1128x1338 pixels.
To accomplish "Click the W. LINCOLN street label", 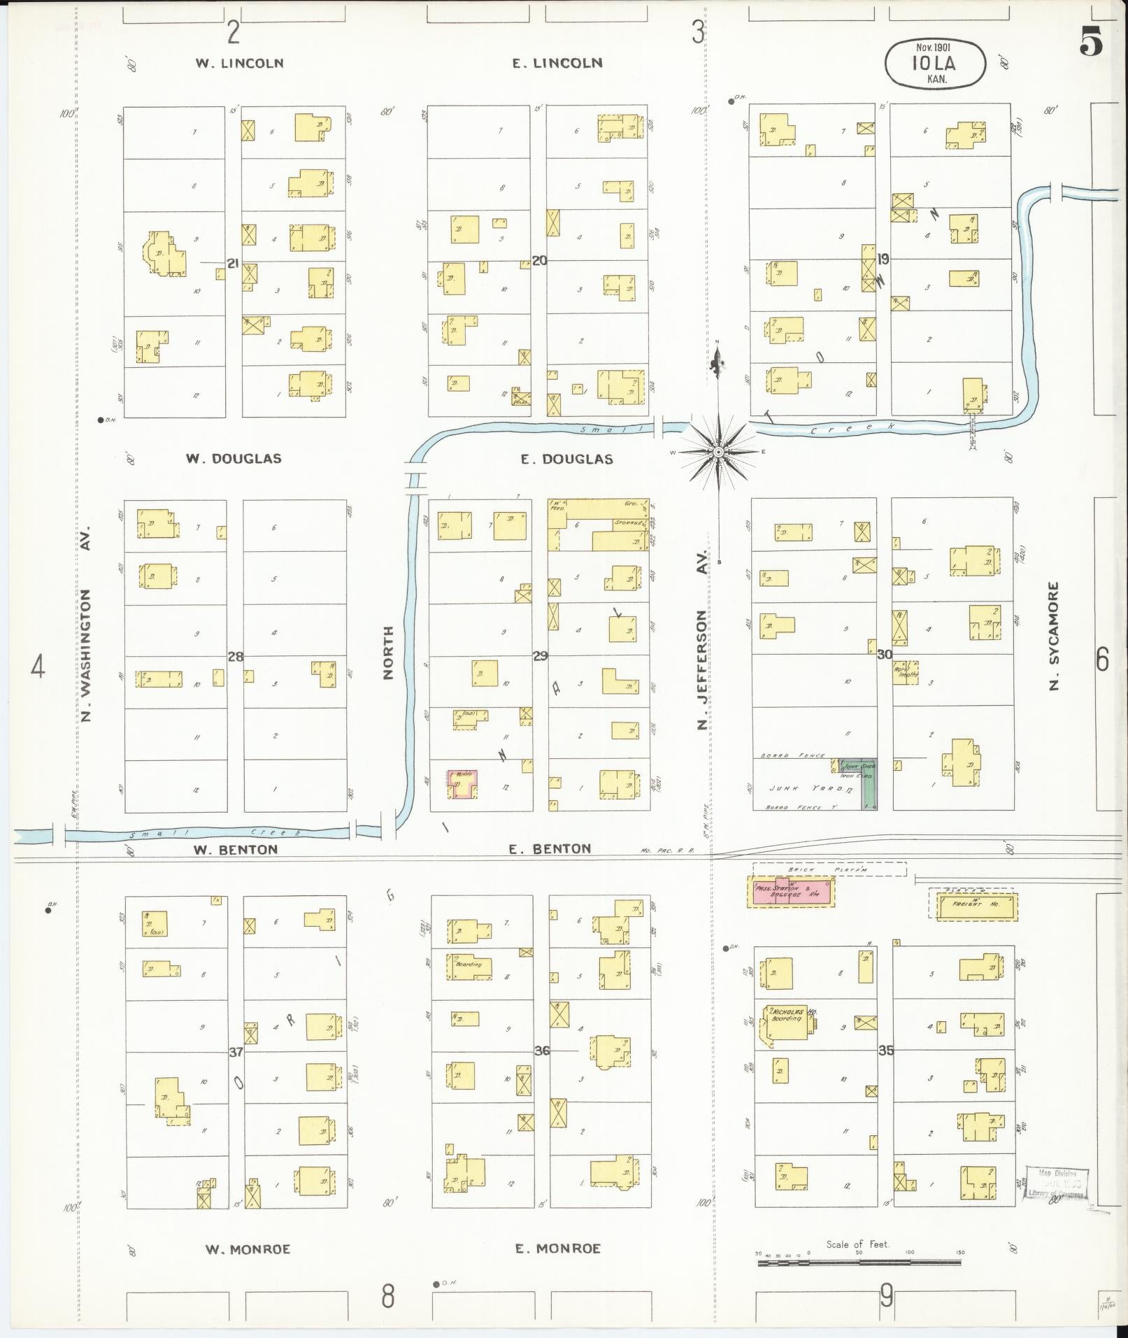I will [x=239, y=63].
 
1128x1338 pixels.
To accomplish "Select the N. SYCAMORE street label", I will [x=1055, y=636].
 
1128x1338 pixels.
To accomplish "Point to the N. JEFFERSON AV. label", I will [x=703, y=639].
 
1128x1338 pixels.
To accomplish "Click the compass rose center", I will [x=718, y=453].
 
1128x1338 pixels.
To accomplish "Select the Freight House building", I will [x=973, y=904].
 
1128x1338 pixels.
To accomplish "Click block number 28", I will [x=236, y=656].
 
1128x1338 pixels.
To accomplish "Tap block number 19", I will [x=883, y=259].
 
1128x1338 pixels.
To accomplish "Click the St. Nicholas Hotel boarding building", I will [x=789, y=1025].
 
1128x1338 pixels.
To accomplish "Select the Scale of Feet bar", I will [x=858, y=1262].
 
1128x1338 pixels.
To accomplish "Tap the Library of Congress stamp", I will [x=1057, y=1183].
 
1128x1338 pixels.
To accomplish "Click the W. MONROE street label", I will [x=248, y=1248].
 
